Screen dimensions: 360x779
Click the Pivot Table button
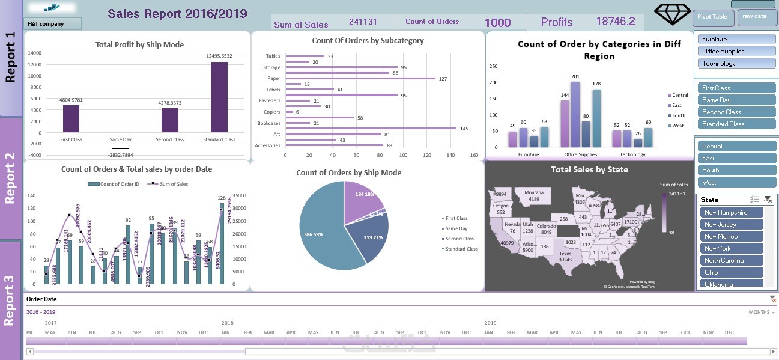pos(713,17)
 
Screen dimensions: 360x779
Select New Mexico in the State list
pos(732,236)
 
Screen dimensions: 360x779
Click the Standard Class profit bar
pos(219,97)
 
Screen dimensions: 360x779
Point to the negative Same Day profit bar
pos(120,141)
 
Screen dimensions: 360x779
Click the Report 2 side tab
pos(11,178)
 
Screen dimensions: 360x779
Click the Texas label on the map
pos(565,257)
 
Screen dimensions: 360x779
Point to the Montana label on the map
pos(534,196)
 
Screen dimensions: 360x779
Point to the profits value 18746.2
pos(615,22)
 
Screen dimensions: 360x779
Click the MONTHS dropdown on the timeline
pos(762,313)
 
